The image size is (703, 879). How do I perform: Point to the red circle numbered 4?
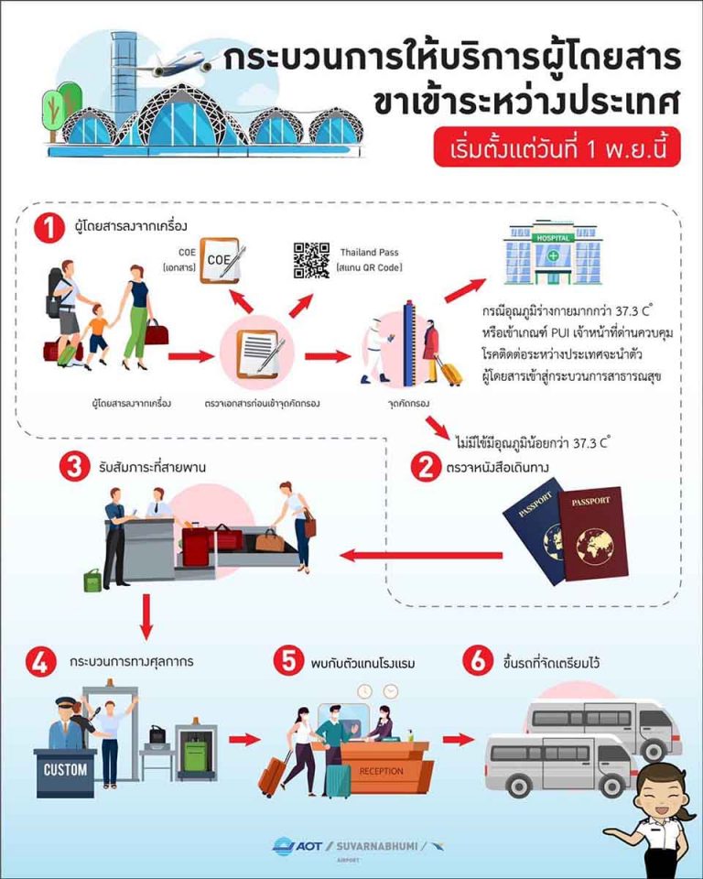pyautogui.click(x=39, y=662)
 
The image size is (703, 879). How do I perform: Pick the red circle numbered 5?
pyautogui.click(x=290, y=662)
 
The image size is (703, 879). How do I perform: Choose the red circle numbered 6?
pyautogui.click(x=477, y=662)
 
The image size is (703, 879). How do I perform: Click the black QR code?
pyautogui.click(x=310, y=259)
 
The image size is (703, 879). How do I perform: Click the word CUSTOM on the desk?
pyautogui.click(x=65, y=769)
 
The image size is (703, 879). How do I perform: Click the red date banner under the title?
pyautogui.click(x=557, y=147)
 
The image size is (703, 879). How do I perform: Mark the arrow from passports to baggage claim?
pyautogui.click(x=422, y=555)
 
